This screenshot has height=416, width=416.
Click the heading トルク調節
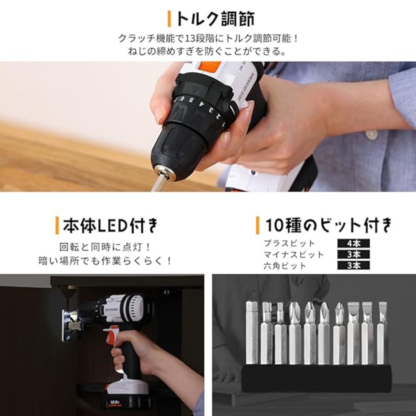point(215,19)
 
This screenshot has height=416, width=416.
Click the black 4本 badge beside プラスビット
point(354,243)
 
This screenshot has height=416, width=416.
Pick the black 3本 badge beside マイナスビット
point(354,254)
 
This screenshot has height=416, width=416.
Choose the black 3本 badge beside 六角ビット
point(354,265)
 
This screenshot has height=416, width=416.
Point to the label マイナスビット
point(293,254)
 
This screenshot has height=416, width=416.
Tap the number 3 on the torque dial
point(210,109)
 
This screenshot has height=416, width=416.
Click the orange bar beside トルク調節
point(169,19)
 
